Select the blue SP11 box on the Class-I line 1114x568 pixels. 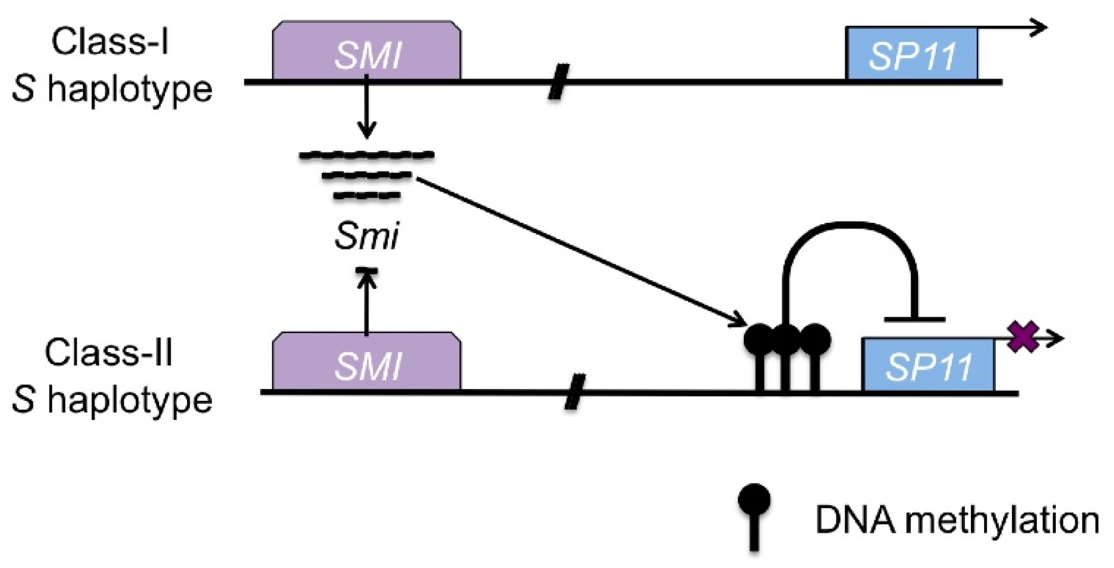[912, 54]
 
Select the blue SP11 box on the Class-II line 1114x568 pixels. [928, 366]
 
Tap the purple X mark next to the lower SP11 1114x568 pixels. [1023, 337]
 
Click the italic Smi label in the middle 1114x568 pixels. [367, 236]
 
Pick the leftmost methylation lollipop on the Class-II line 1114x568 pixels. [759, 340]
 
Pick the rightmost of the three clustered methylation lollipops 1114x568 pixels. [815, 340]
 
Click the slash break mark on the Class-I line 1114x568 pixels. [558, 82]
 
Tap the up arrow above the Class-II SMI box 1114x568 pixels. [367, 303]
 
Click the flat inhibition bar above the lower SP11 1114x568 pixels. [914, 320]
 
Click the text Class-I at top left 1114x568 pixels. [110, 42]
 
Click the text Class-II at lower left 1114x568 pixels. [109, 353]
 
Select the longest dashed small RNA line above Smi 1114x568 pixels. [367, 155]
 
